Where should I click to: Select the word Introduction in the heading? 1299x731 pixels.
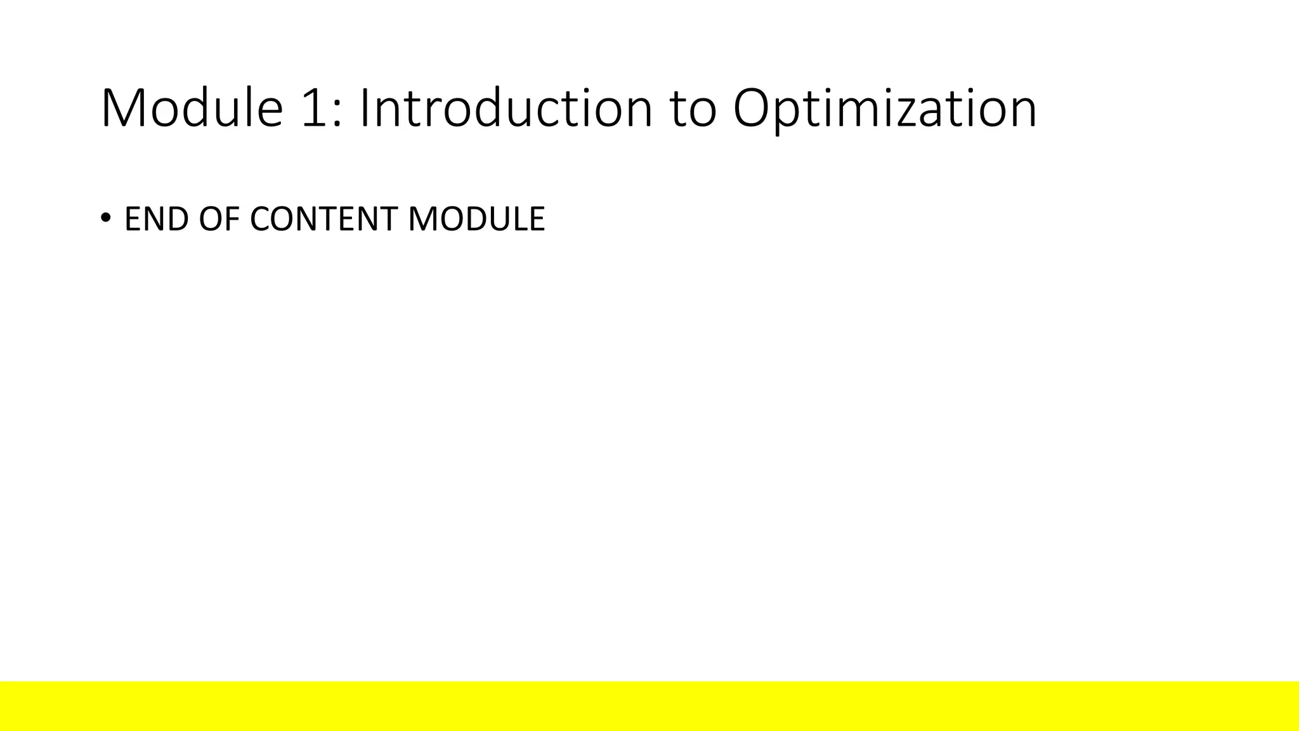tap(506, 108)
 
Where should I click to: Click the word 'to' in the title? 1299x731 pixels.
tap(693, 110)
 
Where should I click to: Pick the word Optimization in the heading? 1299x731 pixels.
tap(885, 109)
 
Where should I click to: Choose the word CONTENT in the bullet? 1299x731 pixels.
tap(324, 219)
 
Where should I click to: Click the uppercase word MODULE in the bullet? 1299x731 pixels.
tap(476, 219)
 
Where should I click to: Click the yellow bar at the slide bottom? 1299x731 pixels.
tap(649, 706)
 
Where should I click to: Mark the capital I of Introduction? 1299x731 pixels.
tap(365, 108)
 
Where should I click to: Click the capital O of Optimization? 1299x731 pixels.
tap(754, 108)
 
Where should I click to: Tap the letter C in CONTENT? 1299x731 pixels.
tap(261, 219)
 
